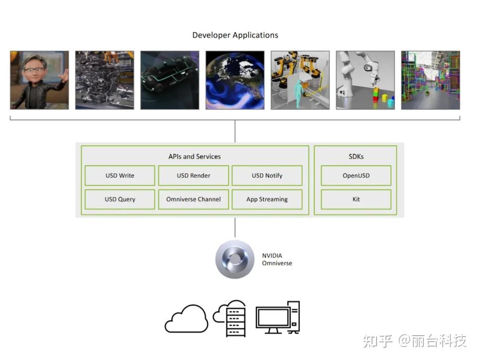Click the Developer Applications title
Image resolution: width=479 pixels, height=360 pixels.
[x=235, y=35]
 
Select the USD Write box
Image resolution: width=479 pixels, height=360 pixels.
[x=120, y=176]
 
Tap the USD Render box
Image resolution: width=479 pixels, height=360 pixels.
[x=193, y=176]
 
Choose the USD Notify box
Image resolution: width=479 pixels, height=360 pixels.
[x=267, y=176]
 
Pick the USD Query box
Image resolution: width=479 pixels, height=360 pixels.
[x=120, y=199]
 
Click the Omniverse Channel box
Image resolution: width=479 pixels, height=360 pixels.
[x=193, y=199]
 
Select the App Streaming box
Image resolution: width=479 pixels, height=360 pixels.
[x=267, y=199]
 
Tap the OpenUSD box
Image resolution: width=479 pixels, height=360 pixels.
[x=356, y=176]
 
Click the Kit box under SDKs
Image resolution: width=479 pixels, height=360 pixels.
[x=356, y=199]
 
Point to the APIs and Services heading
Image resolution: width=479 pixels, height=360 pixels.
[x=194, y=157]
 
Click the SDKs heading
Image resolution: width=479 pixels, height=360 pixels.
[x=356, y=157]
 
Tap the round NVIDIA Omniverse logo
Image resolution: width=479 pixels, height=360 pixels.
[x=235, y=259]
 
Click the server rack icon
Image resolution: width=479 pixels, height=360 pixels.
[x=235, y=320]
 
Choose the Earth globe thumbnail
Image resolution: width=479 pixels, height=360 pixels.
[x=235, y=80]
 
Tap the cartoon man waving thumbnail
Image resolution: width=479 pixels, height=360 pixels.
[x=39, y=80]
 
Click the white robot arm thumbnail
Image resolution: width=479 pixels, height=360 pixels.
[x=365, y=80]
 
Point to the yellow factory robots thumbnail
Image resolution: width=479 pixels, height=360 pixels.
[x=300, y=80]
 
